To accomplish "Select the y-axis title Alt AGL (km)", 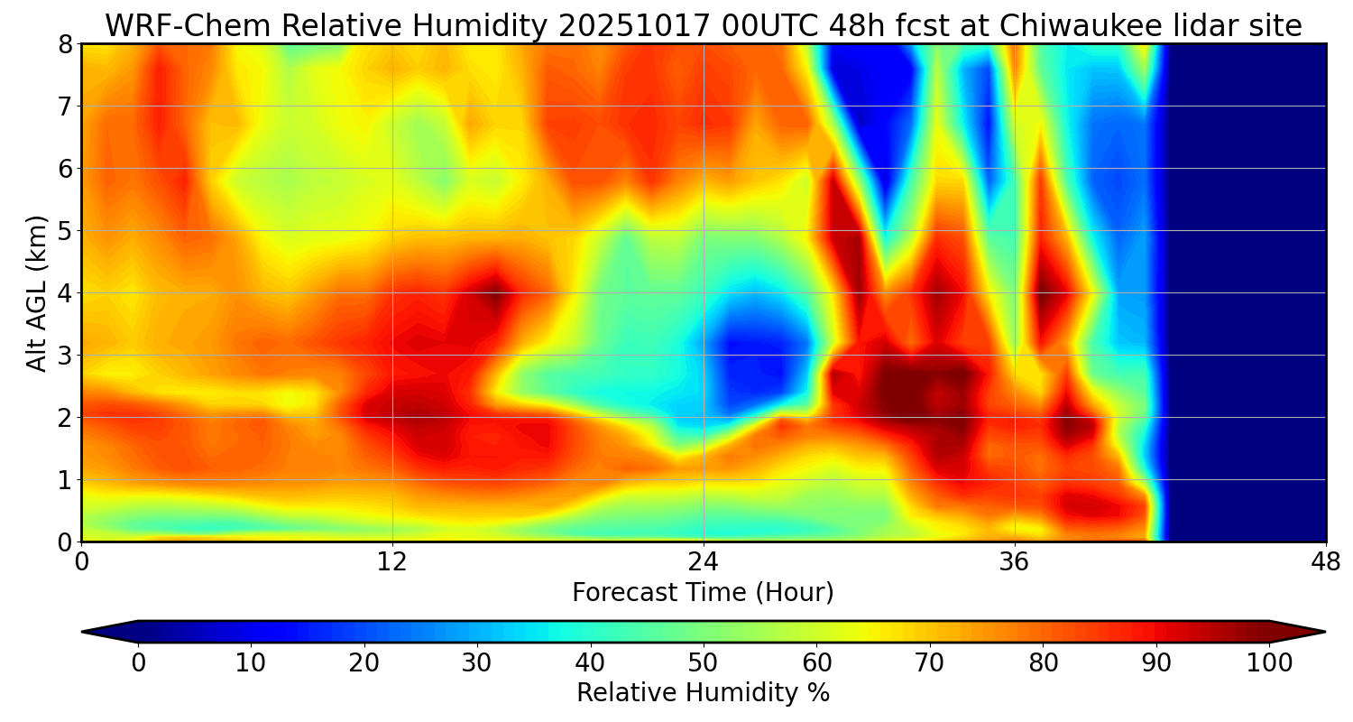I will coord(37,292).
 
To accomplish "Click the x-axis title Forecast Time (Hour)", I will coord(703,593).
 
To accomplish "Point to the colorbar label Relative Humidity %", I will coord(703,693).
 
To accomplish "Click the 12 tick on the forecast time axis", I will coord(392,562).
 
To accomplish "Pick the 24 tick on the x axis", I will coord(704,562).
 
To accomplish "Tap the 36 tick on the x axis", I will coord(1015,562).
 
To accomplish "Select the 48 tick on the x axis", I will coord(1326,562).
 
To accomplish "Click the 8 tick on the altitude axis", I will coord(66,44).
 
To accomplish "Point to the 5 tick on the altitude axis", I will coord(66,231).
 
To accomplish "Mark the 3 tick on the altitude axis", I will coord(66,356).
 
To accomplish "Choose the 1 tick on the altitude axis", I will coord(66,480).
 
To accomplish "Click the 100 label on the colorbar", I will coord(1269,663).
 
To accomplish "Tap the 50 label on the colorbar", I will coord(703,663).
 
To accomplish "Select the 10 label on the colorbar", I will coord(250,663).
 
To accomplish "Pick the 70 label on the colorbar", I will coord(929,663).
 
